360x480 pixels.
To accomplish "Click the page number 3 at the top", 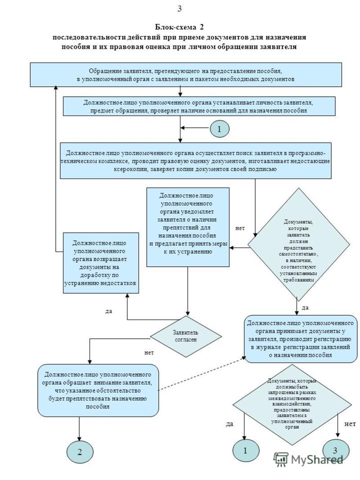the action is [180, 9].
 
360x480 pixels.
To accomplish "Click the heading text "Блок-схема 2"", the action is [180, 27].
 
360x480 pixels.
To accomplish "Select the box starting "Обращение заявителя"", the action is [186, 75].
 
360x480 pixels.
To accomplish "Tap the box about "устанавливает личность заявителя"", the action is [199, 106].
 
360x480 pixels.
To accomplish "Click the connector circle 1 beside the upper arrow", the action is [220, 129].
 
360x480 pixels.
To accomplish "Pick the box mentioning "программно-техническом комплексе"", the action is [196, 161].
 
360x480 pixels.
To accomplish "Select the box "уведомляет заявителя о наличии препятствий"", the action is [188, 227].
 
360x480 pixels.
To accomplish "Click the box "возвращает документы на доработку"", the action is [101, 263].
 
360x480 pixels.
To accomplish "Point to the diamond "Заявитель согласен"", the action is [185, 336].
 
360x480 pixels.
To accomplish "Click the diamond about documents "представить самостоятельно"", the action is [298, 244].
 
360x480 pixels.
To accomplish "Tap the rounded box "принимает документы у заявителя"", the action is [301, 339].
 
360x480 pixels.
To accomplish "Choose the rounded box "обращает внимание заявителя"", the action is [98, 390].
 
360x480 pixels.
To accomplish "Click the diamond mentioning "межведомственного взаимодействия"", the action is [292, 404].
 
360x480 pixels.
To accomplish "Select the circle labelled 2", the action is [80, 452].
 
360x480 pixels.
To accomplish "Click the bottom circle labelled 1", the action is [246, 451].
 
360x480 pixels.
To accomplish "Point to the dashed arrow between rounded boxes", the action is [202, 373].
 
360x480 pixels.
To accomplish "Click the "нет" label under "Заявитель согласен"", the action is [149, 353].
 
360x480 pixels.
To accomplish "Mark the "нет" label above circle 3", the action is [350, 424].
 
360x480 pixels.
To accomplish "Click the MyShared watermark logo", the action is [308, 459].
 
